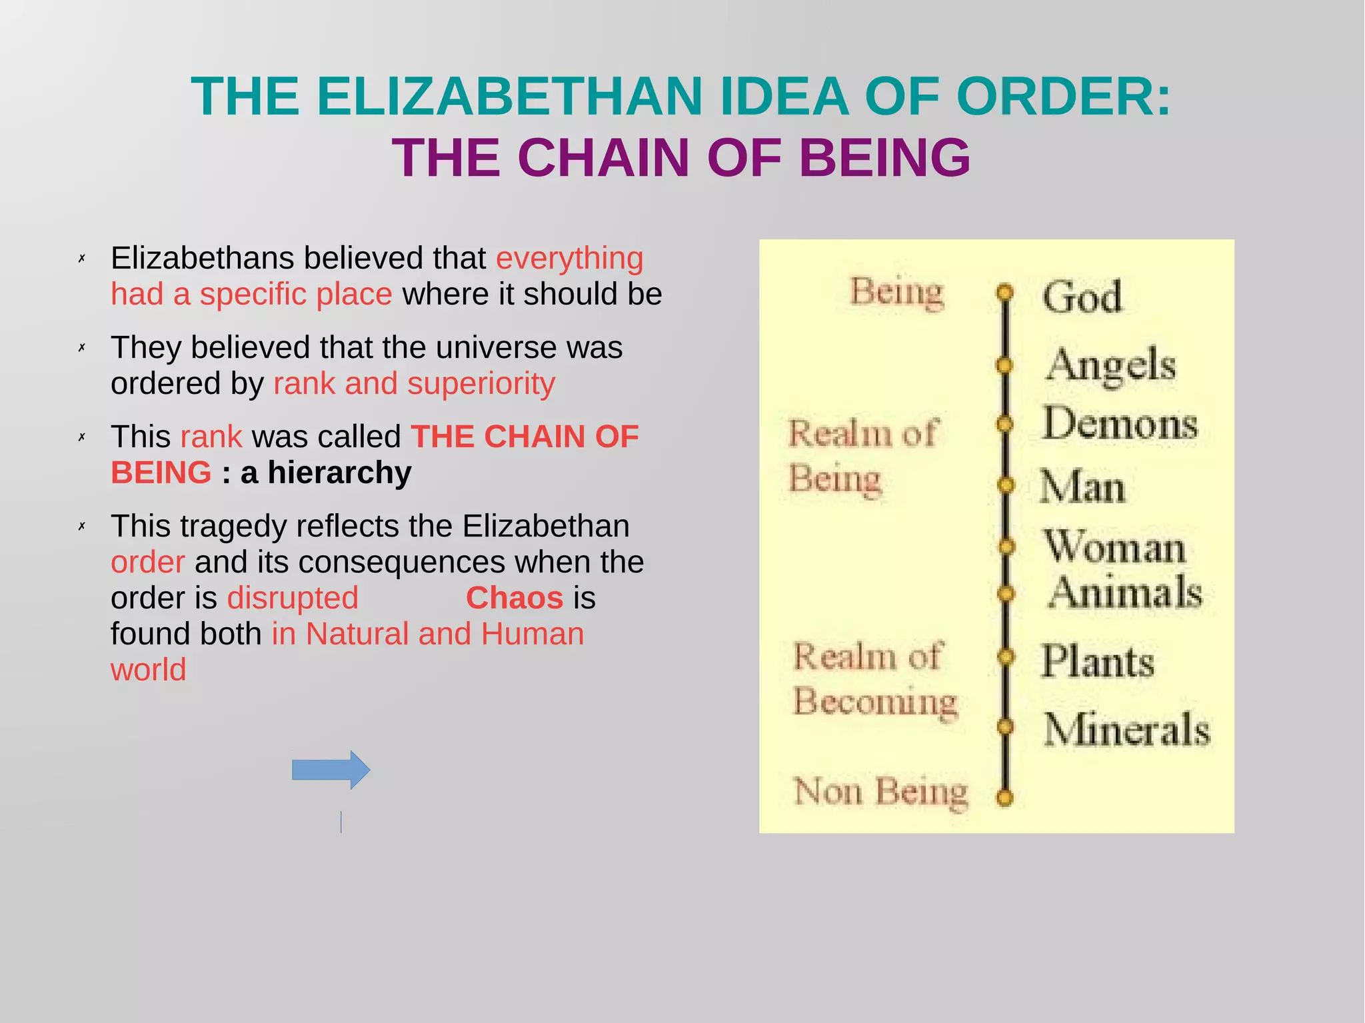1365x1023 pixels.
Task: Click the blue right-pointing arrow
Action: (x=331, y=770)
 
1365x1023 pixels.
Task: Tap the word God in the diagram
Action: (x=1082, y=297)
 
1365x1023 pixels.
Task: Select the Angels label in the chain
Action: (x=1110, y=365)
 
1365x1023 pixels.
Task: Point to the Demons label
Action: (x=1120, y=424)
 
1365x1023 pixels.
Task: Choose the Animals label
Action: (x=1125, y=592)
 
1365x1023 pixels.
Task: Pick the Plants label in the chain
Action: (x=1098, y=661)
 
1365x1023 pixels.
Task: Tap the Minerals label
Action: (x=1126, y=729)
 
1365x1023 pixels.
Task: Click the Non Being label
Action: (x=880, y=792)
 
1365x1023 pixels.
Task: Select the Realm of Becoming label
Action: (x=874, y=679)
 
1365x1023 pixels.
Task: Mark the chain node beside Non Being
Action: (x=1005, y=797)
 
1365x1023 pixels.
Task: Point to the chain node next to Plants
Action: (x=1006, y=657)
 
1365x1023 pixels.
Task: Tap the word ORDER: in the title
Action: (x=1063, y=97)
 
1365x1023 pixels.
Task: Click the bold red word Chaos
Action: (x=515, y=598)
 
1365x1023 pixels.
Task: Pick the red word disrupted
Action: (x=293, y=598)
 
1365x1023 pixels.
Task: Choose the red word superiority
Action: (x=481, y=383)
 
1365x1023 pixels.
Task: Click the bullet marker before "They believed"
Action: (x=82, y=347)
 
